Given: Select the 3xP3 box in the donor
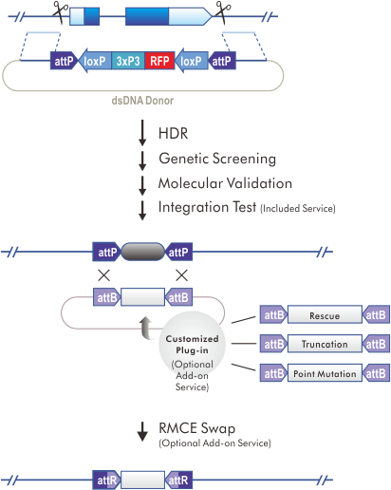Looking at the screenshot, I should [x=127, y=61].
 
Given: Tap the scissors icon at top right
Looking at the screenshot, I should [x=222, y=13].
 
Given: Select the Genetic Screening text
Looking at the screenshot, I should [x=217, y=158].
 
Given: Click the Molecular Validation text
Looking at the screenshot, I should [x=226, y=182].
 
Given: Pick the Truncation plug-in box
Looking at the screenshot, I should [x=326, y=344].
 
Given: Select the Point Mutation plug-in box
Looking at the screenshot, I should [x=326, y=373].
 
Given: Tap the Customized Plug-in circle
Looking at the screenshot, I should [x=192, y=350].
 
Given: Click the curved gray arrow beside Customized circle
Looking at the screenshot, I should [x=147, y=328].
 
